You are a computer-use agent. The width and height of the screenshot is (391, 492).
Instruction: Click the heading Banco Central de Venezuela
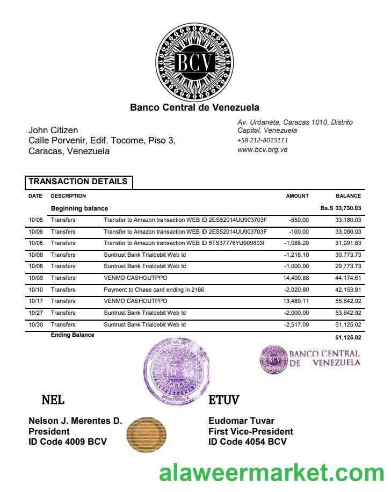194,107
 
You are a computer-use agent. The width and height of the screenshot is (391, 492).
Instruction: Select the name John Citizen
53,130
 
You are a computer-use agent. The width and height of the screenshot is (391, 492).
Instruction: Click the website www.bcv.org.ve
262,150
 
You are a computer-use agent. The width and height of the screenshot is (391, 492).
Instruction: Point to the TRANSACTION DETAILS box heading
78,182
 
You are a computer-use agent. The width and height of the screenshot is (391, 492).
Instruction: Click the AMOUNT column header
297,196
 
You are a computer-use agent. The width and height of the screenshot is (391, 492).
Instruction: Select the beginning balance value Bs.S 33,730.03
341,208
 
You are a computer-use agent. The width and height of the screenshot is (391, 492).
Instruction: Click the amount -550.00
299,220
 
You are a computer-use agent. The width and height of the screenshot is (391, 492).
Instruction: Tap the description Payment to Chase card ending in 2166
154,290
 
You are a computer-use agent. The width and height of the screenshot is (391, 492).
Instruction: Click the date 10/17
35,301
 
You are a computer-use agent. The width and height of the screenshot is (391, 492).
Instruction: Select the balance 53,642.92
348,313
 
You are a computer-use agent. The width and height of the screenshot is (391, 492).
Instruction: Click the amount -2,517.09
296,324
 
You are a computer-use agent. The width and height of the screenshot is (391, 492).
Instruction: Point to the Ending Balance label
73,335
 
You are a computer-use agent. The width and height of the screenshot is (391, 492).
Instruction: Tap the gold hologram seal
146,432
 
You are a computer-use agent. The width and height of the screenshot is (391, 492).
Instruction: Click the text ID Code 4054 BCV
247,442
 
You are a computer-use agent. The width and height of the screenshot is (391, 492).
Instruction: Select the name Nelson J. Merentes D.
75,421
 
